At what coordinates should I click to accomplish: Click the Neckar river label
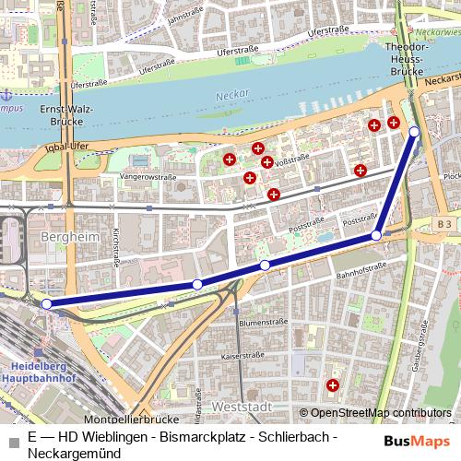click(x=226, y=95)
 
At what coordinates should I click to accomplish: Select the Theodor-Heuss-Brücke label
click(x=407, y=57)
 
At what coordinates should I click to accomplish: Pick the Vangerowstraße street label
click(x=148, y=175)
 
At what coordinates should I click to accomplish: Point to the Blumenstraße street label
click(x=259, y=324)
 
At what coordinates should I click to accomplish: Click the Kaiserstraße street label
click(x=243, y=356)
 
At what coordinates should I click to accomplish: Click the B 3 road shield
click(x=444, y=224)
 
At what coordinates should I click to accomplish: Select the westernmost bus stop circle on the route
click(x=46, y=302)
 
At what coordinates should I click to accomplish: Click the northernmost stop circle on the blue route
click(x=414, y=132)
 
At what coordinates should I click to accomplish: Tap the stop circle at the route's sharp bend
click(x=376, y=237)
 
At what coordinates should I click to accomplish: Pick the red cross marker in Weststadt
click(x=332, y=385)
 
